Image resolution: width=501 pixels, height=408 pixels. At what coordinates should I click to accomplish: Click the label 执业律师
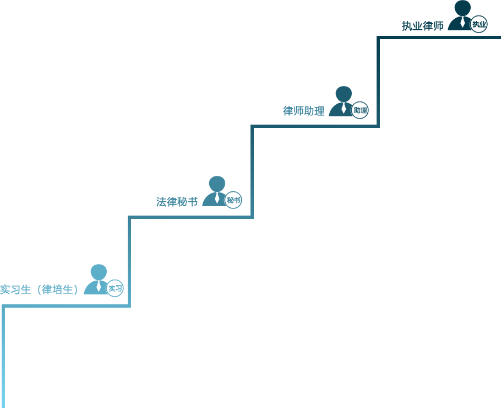422,26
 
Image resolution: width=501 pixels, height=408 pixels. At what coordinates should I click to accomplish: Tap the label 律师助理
303,111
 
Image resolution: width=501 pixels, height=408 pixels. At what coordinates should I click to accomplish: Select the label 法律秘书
177,202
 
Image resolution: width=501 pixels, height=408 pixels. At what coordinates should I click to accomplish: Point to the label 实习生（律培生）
39,289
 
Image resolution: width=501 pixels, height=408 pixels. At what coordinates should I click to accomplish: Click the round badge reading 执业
479,24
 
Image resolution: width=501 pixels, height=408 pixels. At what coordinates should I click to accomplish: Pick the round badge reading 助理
360,110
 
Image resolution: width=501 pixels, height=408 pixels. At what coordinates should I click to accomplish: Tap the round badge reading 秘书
233,200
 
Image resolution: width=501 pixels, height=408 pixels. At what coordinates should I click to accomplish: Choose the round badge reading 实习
115,288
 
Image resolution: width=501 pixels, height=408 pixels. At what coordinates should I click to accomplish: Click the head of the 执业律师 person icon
462,8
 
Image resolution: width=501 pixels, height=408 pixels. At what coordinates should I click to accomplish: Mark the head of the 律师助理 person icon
344,94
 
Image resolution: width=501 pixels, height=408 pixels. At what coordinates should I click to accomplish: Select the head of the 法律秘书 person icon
217,184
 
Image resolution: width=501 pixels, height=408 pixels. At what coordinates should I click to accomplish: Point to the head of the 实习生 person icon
99,272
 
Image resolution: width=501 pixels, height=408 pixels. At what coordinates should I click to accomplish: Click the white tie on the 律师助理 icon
344,108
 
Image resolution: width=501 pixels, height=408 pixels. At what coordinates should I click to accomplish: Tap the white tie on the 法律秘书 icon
217,198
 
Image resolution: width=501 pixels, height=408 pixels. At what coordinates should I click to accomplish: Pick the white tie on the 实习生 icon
99,286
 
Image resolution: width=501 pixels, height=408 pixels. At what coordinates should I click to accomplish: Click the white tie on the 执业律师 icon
462,22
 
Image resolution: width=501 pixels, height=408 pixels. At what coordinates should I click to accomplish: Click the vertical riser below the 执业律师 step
378,82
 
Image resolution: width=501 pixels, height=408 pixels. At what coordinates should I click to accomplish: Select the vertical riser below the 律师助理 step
252,172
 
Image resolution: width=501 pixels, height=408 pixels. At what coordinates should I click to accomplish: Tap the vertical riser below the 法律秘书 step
129,261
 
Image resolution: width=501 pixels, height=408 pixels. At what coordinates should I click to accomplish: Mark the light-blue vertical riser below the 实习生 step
3,356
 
